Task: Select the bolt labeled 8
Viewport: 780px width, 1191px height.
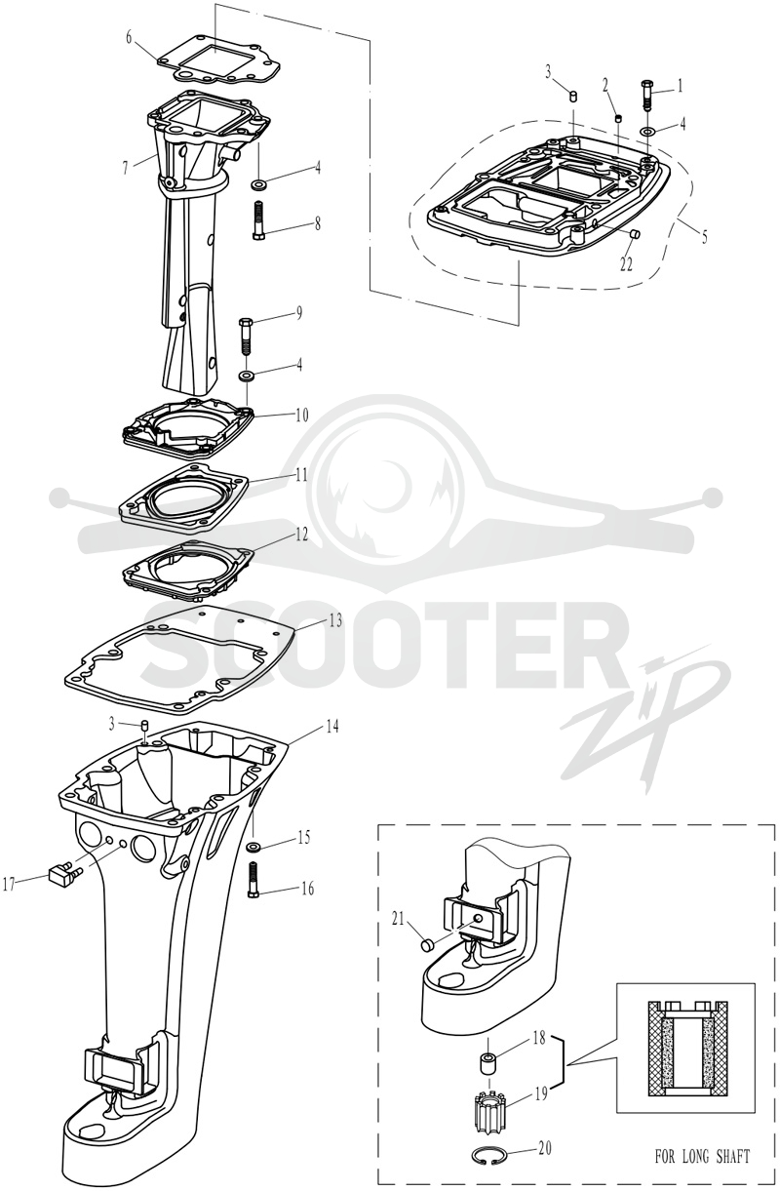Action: [258, 220]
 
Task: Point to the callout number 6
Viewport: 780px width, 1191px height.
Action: [130, 38]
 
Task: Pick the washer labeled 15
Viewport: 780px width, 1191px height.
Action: [253, 846]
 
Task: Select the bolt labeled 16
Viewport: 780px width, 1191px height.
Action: [253, 881]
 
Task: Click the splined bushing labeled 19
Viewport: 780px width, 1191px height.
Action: [488, 1103]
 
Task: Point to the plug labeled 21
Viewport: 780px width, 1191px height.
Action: [428, 945]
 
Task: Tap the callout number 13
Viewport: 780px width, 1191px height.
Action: [335, 620]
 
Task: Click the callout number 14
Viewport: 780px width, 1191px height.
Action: [332, 726]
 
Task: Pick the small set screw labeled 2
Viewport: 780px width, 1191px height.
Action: [618, 119]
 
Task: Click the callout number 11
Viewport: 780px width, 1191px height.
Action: [301, 474]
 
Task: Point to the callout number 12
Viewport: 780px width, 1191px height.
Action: [301, 535]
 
